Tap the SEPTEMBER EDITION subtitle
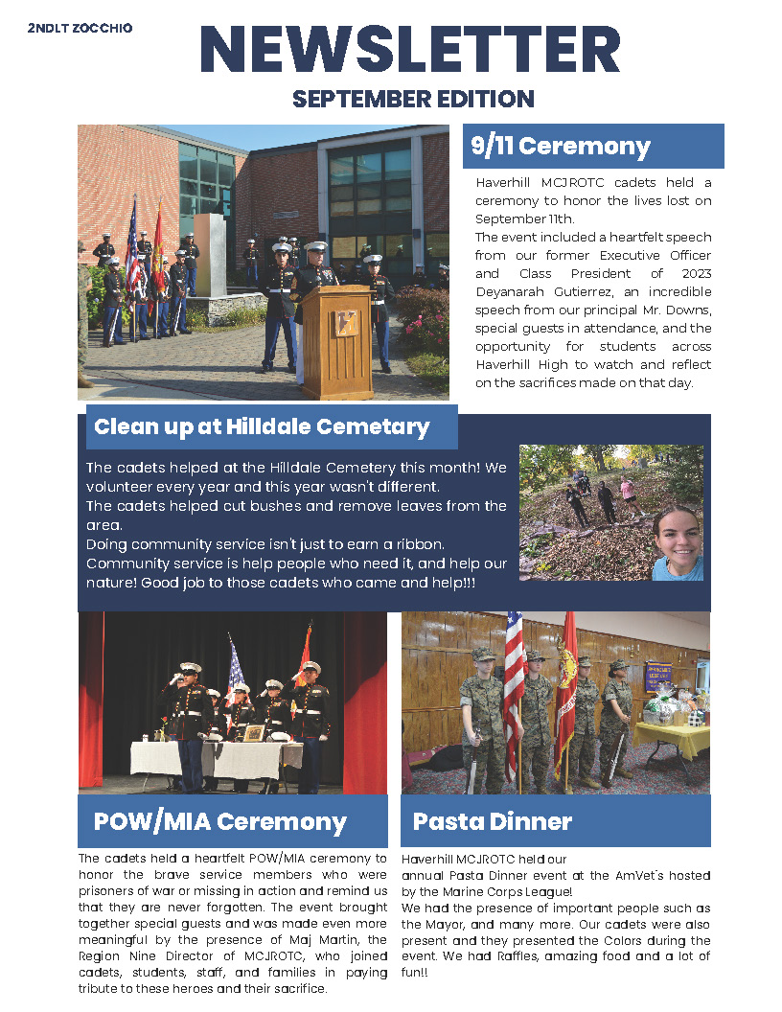point(413,99)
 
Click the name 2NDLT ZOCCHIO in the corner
point(80,29)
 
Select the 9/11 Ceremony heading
point(561,147)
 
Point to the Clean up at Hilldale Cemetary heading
point(262,426)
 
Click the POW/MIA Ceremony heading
point(220,821)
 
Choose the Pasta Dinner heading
point(493,821)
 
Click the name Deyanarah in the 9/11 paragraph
point(513,291)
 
